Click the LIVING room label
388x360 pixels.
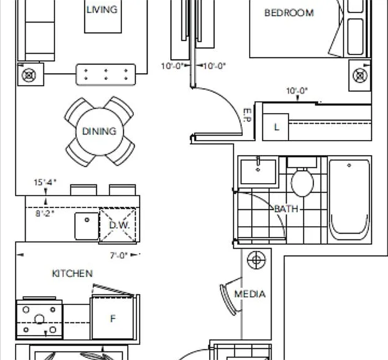coord(102,9)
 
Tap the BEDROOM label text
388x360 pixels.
coord(289,13)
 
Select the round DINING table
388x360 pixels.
coord(100,132)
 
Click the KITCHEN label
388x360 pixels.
coord(73,274)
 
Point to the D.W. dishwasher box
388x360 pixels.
coord(118,226)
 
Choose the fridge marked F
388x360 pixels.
coord(113,318)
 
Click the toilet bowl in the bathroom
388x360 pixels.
coord(302,182)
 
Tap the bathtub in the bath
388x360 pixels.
coord(349,200)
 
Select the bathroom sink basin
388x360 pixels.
coord(258,172)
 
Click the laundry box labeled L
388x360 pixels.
coord(275,127)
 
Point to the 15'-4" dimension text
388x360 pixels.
coord(45,182)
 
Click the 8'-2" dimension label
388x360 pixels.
coord(45,213)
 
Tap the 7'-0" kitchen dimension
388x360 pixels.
coord(119,255)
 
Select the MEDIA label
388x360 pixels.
coord(250,294)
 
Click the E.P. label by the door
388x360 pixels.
coord(247,115)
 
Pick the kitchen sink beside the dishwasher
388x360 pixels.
coord(86,226)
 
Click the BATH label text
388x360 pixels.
coord(286,209)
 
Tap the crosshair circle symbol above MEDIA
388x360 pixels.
coord(257,260)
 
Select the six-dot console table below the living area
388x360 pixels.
coord(106,74)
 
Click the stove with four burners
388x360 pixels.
coord(39,319)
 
